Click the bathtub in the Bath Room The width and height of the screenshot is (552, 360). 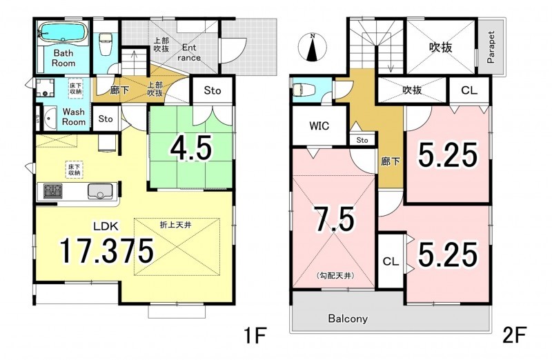tap(63, 32)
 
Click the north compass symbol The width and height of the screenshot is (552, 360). tap(313, 47)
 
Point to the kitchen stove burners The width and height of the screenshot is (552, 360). tap(53, 191)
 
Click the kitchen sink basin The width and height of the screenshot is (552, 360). tap(100, 192)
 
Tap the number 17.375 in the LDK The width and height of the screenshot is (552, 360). tap(106, 250)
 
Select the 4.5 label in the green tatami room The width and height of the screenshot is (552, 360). tap(191, 148)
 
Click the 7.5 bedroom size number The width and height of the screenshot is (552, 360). tap(335, 219)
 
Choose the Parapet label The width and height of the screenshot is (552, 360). tap(491, 47)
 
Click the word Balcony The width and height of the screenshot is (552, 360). tap(348, 319)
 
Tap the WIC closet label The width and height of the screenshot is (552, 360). tap(319, 126)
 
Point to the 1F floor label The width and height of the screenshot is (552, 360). tap(255, 335)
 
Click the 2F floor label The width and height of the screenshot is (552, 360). tap(514, 335)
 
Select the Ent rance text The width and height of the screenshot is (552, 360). tap(189, 52)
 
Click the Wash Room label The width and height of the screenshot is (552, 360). tap(74, 117)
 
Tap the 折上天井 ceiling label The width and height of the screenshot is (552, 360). tap(176, 225)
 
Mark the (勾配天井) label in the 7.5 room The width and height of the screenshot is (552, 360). tap(335, 275)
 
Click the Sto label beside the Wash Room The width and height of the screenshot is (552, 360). tap(106, 119)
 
